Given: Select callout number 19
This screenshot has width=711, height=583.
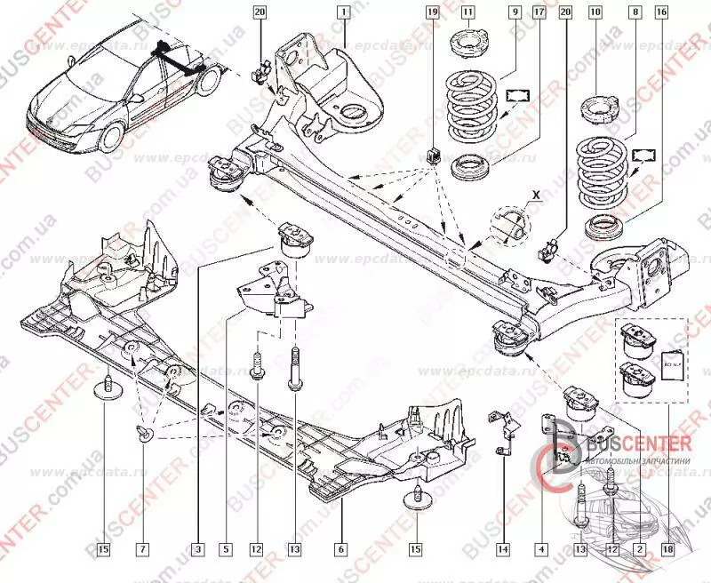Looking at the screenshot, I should point(432,12).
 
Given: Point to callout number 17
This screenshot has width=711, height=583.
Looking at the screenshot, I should point(539,12).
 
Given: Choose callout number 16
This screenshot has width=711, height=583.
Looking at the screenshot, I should point(660,12).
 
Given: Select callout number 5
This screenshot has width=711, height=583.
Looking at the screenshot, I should point(226,549).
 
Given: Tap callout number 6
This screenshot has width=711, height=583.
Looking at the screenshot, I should point(339,549).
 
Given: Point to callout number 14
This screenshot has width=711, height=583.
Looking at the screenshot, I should point(503,549).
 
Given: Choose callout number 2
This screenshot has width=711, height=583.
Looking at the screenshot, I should point(637,549).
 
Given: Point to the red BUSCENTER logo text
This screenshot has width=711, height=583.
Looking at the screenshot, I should point(635,443).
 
